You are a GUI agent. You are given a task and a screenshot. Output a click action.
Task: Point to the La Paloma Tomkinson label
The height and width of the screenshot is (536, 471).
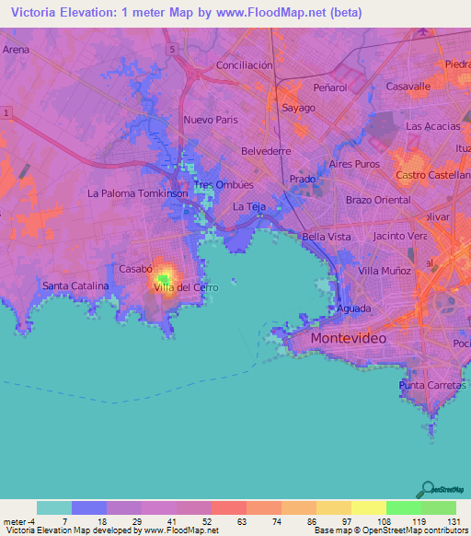(x=137, y=193)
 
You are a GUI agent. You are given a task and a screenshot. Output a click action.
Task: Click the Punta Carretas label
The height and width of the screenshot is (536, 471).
(x=431, y=384)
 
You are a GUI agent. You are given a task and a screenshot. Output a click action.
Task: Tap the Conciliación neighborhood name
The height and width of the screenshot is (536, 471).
(x=244, y=65)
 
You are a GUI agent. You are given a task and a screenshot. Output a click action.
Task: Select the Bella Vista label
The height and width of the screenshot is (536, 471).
(x=327, y=237)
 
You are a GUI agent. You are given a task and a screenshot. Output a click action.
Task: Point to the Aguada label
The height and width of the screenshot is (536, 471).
(x=353, y=309)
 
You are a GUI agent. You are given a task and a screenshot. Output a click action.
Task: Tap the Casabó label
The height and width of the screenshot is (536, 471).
(x=135, y=268)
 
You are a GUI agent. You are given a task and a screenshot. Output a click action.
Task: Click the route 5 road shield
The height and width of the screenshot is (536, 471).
(x=171, y=46)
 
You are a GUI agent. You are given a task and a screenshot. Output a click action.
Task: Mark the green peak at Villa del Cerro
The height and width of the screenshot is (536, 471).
(x=164, y=276)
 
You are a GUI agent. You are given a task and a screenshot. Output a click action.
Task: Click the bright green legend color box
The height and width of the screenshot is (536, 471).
(x=404, y=507)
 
